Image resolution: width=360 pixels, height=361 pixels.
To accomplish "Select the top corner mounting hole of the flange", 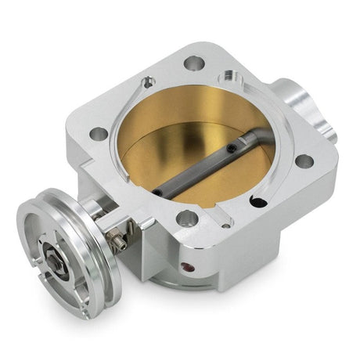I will [193, 63].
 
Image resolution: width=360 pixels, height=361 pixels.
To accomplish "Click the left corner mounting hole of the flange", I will [99, 134].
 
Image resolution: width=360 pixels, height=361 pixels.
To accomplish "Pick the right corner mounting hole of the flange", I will [304, 161].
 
